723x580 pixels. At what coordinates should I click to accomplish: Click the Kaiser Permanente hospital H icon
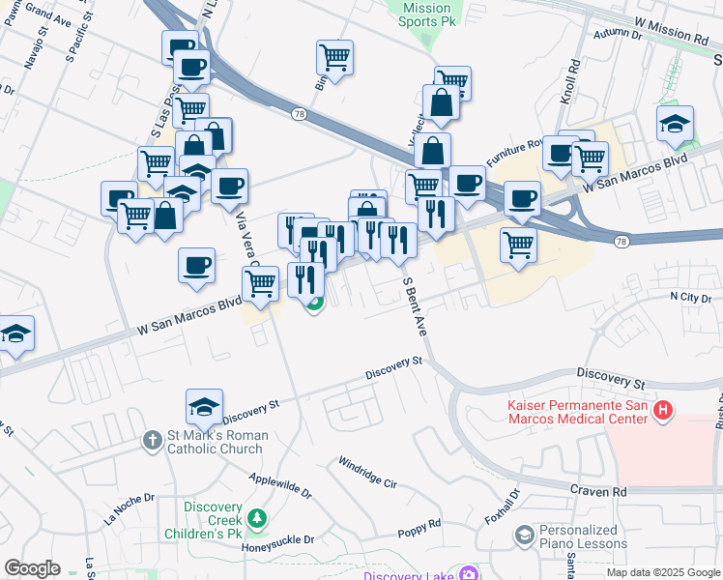click(x=662, y=411)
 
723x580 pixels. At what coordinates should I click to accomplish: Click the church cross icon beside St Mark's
click(x=152, y=442)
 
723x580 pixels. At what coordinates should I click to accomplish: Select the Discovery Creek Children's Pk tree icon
click(x=256, y=520)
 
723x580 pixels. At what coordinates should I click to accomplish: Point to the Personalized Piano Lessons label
click(x=578, y=536)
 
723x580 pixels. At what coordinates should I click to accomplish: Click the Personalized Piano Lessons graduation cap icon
click(x=524, y=535)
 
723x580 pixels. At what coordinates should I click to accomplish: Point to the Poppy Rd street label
click(x=419, y=529)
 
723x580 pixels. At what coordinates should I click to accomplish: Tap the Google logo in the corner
click(x=32, y=568)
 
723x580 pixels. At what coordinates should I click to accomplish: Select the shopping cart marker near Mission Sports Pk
click(x=334, y=57)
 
